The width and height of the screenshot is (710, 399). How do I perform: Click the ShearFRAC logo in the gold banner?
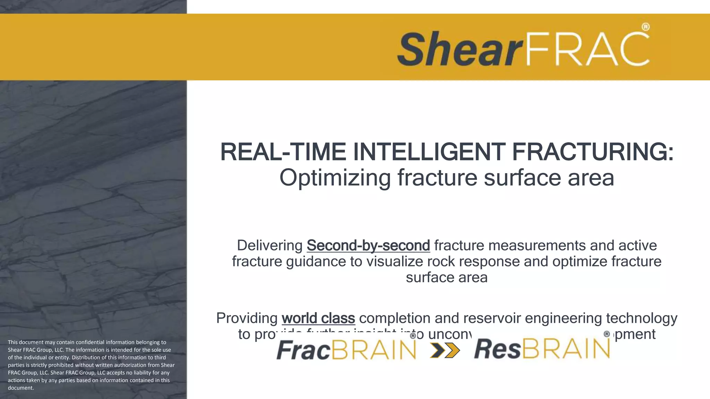coord(523,47)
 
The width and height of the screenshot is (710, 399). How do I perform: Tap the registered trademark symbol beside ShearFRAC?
coord(645,27)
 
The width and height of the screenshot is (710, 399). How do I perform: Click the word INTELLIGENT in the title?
coord(429,152)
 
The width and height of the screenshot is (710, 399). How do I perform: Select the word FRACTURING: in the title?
coord(593,152)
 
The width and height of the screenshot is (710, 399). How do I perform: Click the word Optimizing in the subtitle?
coord(335,178)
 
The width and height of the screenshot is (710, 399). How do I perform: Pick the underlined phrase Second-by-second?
coord(368,246)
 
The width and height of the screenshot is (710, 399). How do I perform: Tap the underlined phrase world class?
coord(318,318)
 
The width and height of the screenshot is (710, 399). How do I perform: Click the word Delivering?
coord(270,246)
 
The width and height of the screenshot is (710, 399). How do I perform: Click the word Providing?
coord(247,318)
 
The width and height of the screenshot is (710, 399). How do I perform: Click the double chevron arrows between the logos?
coord(445,350)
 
